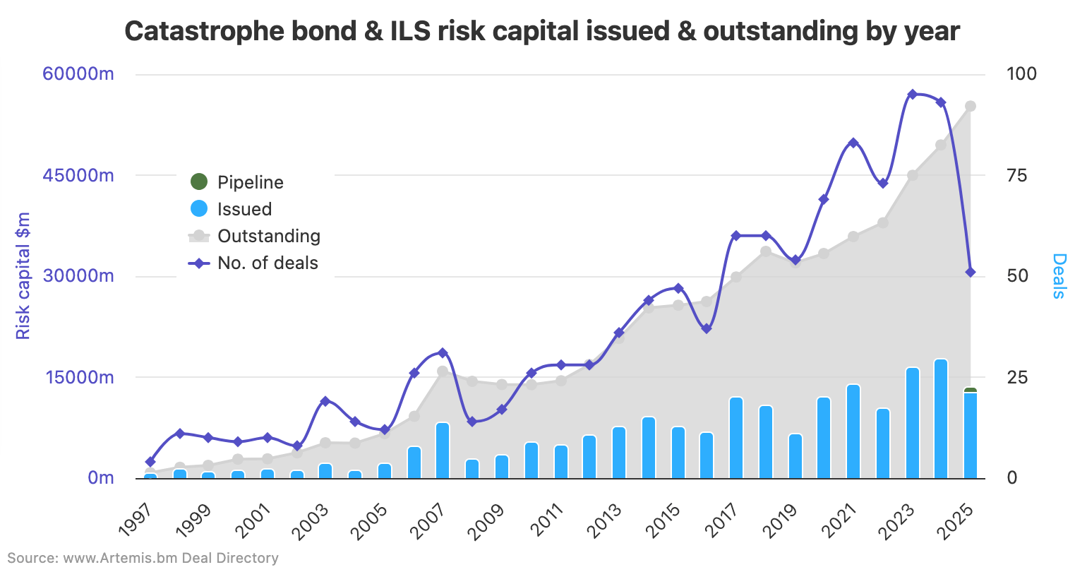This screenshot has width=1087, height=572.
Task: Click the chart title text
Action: [542, 31]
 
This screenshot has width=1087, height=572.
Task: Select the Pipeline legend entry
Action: [250, 182]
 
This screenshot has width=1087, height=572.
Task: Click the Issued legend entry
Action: [244, 209]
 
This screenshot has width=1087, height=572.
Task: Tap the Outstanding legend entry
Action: [268, 236]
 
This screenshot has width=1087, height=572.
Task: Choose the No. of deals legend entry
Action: [268, 263]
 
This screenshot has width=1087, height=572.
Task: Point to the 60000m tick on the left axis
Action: [78, 74]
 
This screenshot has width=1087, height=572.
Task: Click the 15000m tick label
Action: [78, 377]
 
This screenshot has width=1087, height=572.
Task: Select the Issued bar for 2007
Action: [443, 451]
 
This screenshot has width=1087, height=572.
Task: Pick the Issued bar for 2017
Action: [736, 438]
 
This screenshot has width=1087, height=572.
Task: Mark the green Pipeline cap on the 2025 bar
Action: [971, 390]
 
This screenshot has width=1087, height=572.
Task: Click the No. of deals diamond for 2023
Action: [912, 94]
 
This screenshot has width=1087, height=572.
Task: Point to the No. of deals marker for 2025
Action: [971, 272]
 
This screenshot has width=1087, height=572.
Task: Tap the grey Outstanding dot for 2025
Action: [971, 106]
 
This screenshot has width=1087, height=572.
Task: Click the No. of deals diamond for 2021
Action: [853, 143]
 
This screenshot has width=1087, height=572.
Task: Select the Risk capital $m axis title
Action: [23, 275]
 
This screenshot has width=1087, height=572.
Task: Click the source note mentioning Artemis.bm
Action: [143, 558]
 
